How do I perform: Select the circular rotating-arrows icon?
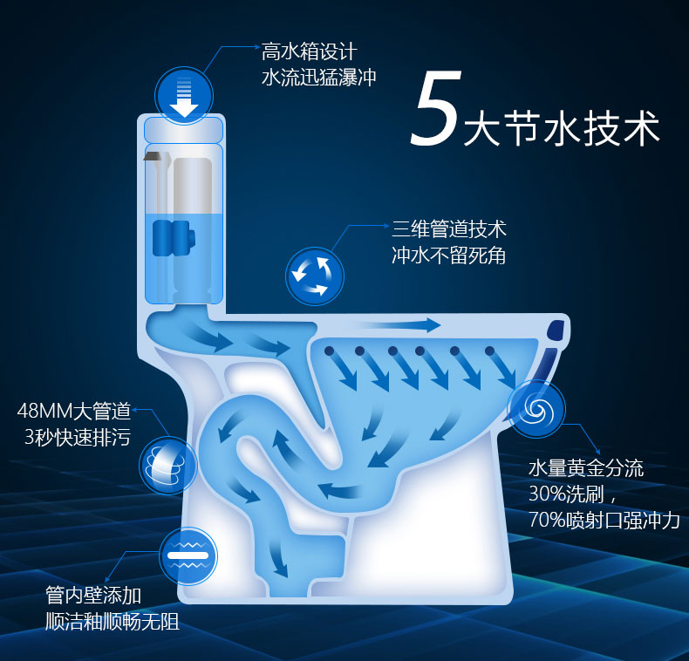pos(314,275)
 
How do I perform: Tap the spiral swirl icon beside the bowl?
pos(536,410)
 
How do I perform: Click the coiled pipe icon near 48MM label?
pos(167,464)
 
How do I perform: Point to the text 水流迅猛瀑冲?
pos(319,78)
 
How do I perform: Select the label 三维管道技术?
pos(449,229)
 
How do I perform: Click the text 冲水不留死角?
pos(449,256)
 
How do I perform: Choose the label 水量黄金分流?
pos(585,468)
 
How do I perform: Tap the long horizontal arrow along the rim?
pos(410,325)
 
